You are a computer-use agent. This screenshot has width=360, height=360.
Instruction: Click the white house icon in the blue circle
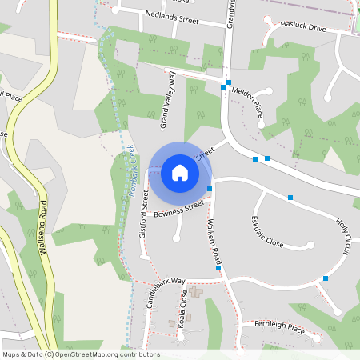pyautogui.click(x=180, y=173)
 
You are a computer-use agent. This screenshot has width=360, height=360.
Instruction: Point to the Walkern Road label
pyautogui.click(x=214, y=241)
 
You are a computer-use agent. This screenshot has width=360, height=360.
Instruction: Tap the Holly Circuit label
pyautogui.click(x=343, y=238)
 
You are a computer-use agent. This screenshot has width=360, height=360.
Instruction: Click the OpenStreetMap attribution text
pyautogui.click(x=81, y=354)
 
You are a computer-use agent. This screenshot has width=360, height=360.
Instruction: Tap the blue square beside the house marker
pyautogui.click(x=210, y=189)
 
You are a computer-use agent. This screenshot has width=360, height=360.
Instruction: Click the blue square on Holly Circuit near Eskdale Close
pyautogui.click(x=290, y=197)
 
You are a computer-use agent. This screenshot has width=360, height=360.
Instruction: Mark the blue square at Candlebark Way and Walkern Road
pyautogui.click(x=218, y=268)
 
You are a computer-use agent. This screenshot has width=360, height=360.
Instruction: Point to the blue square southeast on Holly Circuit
pyautogui.click(x=326, y=278)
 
